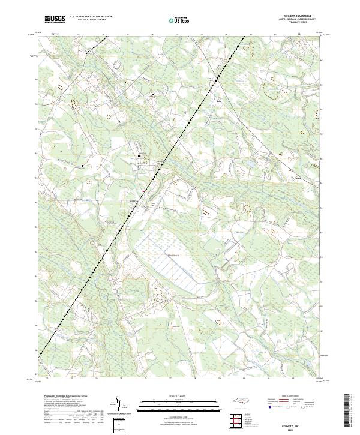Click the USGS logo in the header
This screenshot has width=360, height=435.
[x=55, y=20]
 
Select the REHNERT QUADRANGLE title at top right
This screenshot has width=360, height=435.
[x=295, y=16]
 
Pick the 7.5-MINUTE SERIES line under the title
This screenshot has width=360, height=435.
[x=295, y=24]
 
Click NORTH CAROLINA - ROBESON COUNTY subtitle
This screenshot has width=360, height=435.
[x=295, y=20]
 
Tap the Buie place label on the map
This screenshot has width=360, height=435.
[x=218, y=100]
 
